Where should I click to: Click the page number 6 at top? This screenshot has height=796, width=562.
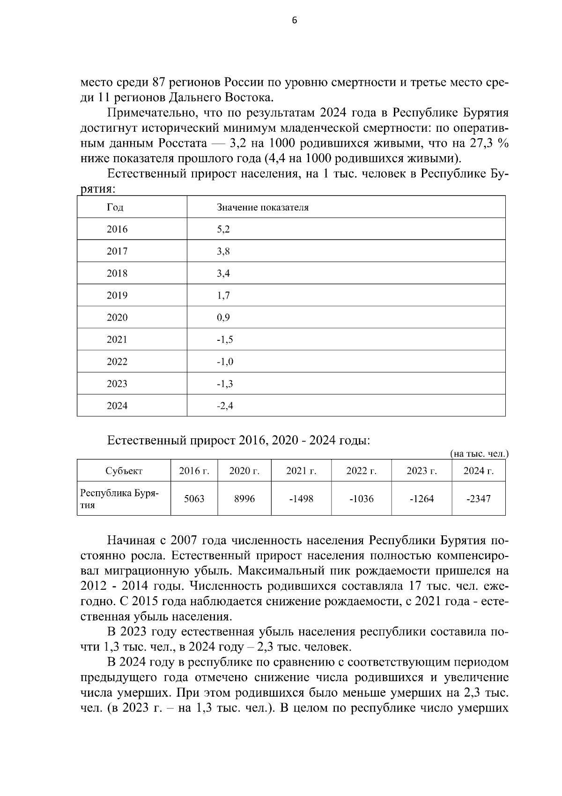pos(294,20)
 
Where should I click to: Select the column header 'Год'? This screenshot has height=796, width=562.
pos(115,207)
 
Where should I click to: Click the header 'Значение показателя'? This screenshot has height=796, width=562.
pos(263,207)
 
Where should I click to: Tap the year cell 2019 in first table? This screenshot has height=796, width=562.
pos(117,295)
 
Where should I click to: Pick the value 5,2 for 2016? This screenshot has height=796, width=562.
pos(223,229)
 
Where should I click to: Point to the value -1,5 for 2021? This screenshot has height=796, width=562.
pos(225,339)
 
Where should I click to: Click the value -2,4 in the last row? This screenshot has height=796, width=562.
pos(225,406)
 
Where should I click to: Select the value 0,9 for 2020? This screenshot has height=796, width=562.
pos(223,317)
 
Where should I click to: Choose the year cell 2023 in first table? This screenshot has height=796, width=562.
pos(117,384)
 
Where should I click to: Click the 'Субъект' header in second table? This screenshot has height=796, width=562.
pos(124,471)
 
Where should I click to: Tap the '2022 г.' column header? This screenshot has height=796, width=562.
pos(361,471)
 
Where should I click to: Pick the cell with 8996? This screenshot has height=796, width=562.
pos(244,499)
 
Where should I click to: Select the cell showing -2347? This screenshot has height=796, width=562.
pos(478,499)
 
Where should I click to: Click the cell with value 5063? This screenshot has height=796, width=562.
pos(194,499)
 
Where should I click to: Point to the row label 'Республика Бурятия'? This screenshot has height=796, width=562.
pos(119,499)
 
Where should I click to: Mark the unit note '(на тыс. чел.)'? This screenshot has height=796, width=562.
pos(479,454)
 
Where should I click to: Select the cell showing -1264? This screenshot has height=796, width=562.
pos(421,499)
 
